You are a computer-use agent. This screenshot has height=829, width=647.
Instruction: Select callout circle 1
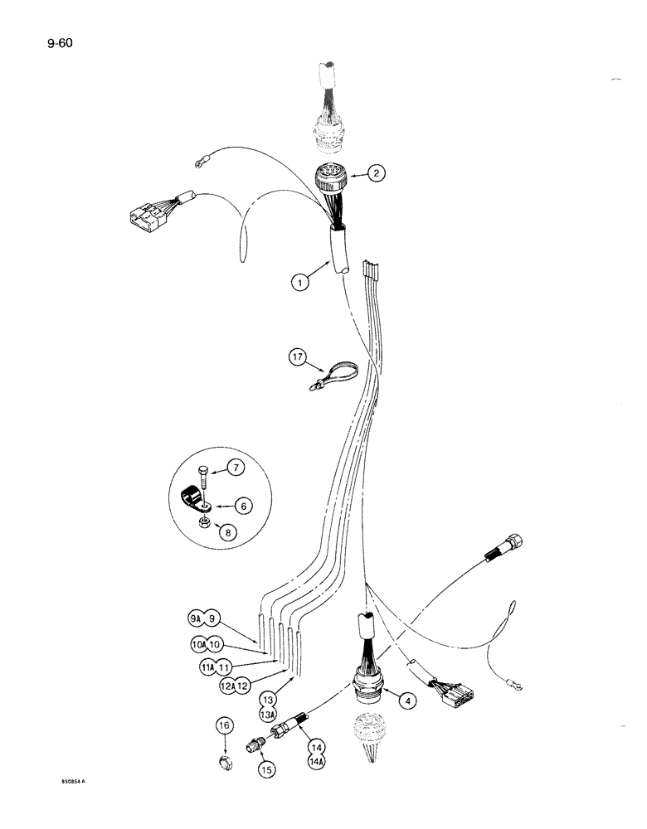300,282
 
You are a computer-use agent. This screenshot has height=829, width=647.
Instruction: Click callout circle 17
296,358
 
